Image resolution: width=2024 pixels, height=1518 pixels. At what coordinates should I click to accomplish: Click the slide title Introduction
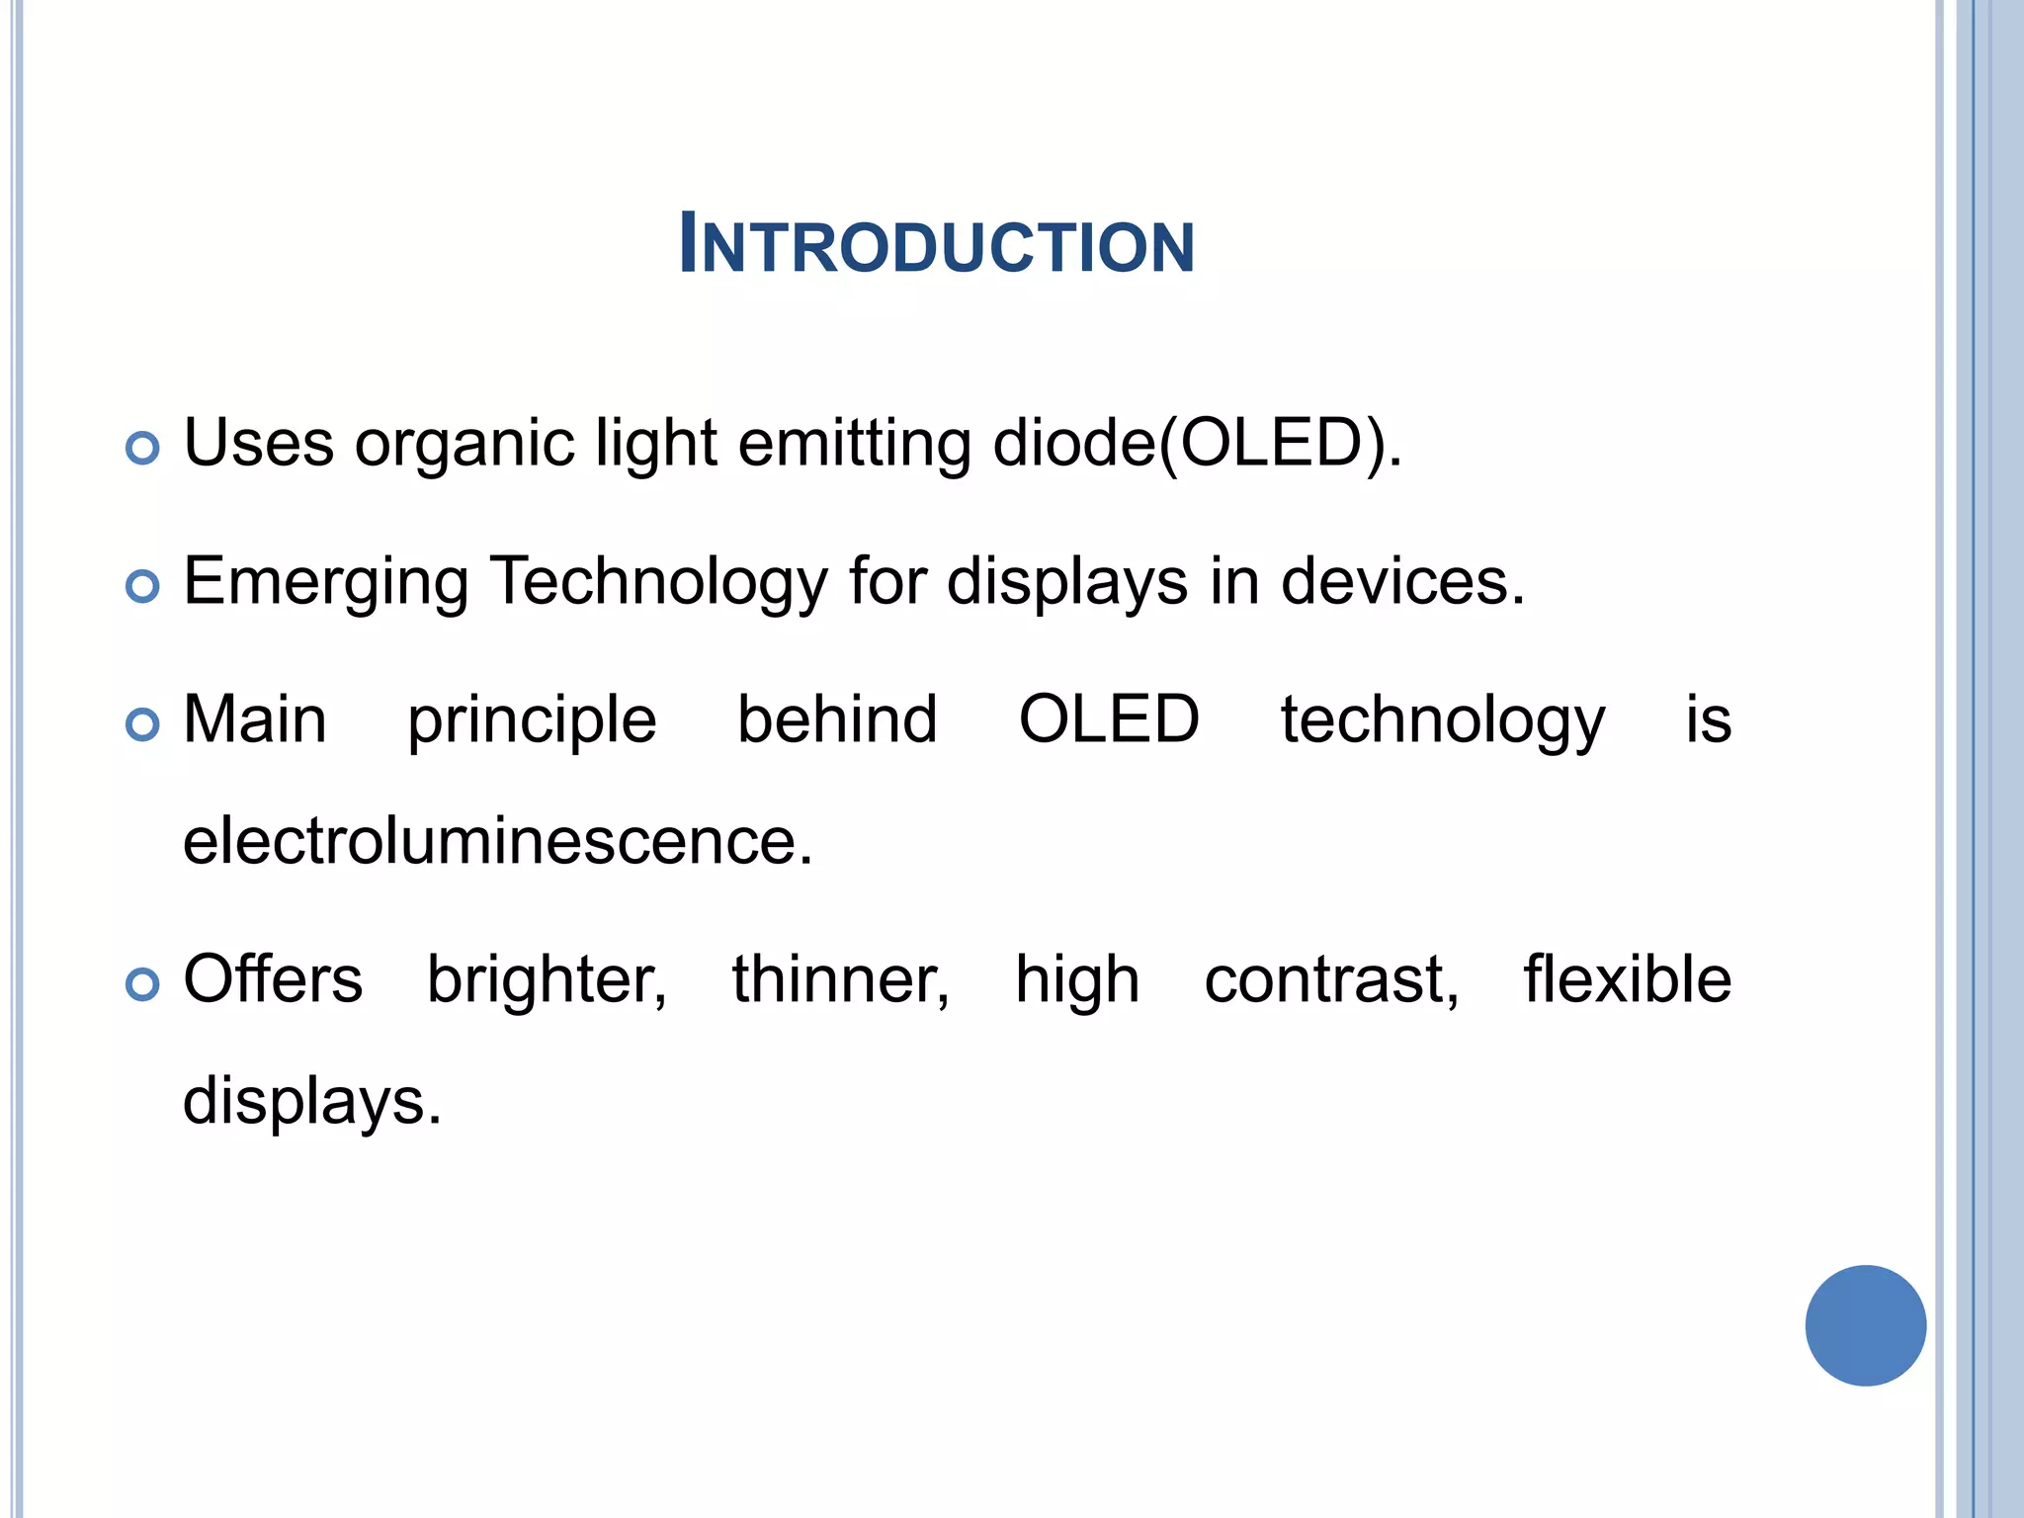[x=937, y=244]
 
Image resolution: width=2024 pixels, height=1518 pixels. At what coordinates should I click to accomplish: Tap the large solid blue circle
[x=1865, y=1324]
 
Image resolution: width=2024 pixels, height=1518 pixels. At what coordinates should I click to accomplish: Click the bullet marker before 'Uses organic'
[x=143, y=448]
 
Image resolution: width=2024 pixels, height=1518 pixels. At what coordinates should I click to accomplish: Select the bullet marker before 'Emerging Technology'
[x=143, y=586]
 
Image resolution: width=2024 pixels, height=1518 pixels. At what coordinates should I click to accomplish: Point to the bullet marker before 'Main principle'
[x=143, y=724]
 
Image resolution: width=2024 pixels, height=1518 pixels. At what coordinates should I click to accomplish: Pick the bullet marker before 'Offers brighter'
[x=143, y=984]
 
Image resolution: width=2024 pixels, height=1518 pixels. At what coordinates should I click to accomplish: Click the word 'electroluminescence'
[x=497, y=841]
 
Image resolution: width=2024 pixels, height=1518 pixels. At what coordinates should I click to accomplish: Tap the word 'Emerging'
[x=326, y=583]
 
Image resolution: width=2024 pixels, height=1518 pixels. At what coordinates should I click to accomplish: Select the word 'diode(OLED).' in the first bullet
[x=1197, y=443]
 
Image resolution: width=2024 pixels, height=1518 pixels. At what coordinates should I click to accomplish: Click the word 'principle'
[x=532, y=721]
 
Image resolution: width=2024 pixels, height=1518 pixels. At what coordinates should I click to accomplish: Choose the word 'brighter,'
[x=547, y=980]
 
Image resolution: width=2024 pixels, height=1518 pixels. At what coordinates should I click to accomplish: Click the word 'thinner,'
[x=840, y=980]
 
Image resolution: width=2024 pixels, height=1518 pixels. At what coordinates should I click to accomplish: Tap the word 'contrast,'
[x=1331, y=980]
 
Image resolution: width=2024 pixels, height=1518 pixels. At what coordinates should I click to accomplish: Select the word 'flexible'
[x=1627, y=978]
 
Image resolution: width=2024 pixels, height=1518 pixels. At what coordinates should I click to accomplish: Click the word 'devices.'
[x=1403, y=581]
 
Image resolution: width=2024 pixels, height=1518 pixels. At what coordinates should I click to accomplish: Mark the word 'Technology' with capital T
[x=658, y=583]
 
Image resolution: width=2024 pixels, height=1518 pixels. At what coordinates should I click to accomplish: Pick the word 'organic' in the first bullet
[x=464, y=445]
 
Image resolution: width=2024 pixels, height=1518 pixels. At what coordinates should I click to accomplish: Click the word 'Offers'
[x=273, y=978]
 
